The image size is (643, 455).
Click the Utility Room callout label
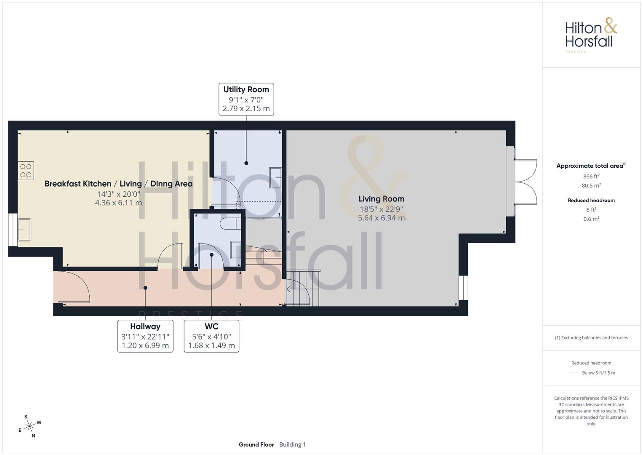point(246,99)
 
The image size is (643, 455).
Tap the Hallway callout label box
point(145,336)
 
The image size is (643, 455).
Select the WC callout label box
point(211,336)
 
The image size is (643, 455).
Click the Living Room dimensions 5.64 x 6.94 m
point(381,218)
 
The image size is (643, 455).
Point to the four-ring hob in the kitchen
point(26,171)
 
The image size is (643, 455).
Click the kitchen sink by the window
point(24,230)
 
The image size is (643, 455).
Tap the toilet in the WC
point(228,223)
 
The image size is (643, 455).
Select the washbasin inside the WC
point(235,250)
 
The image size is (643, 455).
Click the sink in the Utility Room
point(275,177)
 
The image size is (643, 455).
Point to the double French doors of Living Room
point(526,182)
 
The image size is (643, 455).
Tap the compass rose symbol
point(30,426)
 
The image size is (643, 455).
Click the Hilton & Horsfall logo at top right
point(591,35)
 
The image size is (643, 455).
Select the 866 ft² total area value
point(591,177)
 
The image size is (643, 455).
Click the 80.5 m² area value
point(591,185)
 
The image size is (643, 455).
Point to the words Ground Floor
point(256,444)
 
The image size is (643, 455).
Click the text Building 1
point(293,444)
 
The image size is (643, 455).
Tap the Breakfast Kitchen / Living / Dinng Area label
point(119,184)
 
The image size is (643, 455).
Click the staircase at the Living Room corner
point(303,288)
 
